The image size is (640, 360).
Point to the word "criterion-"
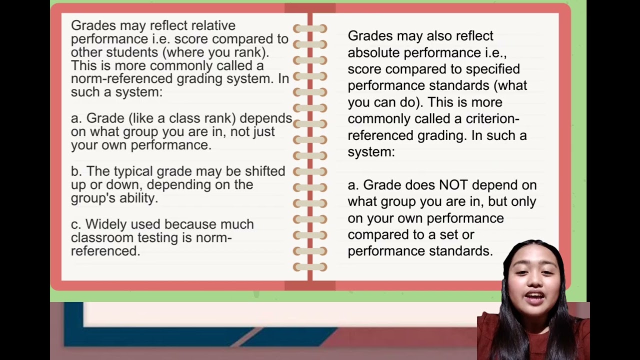click(492, 119)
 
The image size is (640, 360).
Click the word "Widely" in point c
click(105, 224)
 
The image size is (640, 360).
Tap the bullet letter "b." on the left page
click(76, 171)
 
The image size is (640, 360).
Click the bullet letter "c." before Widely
click(76, 224)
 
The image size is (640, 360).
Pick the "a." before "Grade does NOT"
click(353, 185)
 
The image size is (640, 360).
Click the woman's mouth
click(533, 296)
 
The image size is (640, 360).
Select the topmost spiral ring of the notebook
click(310, 28)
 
